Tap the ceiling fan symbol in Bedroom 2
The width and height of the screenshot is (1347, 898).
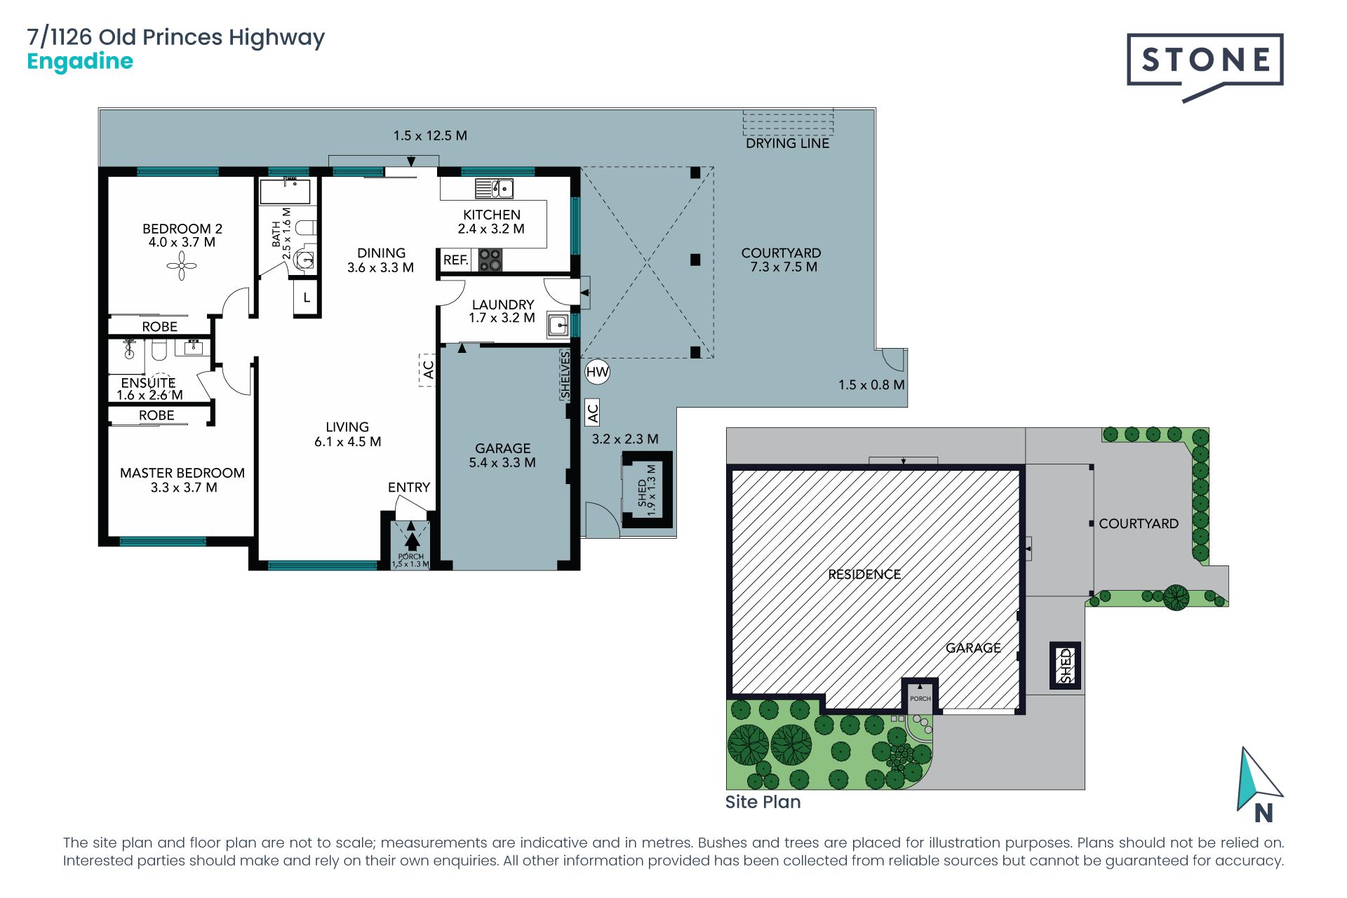pos(182,266)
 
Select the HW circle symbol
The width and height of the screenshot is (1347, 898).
pos(597,372)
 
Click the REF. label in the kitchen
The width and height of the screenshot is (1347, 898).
pos(455,260)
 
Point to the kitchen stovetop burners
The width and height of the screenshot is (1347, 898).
pos(490,260)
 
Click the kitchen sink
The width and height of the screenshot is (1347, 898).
pos(495,189)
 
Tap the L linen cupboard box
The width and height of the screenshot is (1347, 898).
pos(307,297)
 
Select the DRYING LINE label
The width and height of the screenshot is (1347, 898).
pos(787,143)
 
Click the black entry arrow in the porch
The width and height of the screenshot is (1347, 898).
pos(412,541)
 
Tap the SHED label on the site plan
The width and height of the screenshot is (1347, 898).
pos(1065,665)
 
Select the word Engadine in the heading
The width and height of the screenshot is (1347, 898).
pos(80,62)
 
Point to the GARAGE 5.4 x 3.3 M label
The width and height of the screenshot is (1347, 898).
pos(502,455)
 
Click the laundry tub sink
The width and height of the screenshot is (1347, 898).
pos(558,325)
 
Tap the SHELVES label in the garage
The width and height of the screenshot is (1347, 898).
pos(565,375)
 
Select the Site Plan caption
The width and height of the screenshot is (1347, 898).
pos(763,802)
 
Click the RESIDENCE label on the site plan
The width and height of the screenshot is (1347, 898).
pos(864,574)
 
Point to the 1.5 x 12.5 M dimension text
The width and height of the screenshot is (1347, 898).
pos(430,135)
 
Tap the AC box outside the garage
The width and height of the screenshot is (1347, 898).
pos(593,413)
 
